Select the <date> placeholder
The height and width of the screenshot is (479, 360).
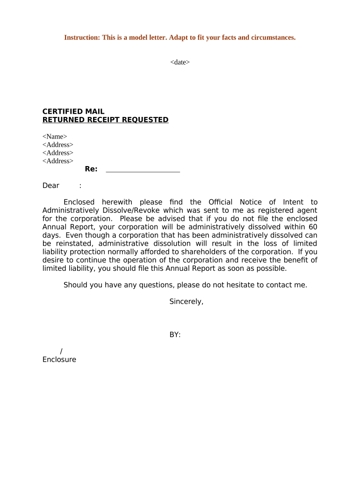pos(180,62)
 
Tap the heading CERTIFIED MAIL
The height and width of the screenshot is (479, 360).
pos(73,112)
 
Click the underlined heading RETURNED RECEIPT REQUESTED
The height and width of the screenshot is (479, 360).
pos(105,120)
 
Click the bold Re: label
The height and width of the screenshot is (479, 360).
pos(91,169)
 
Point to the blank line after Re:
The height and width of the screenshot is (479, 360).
pos(143,170)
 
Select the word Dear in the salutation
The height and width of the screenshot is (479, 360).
pos(51,186)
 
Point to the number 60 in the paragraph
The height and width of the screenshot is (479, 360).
pos(313,227)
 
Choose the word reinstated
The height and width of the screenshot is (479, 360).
pos(73,244)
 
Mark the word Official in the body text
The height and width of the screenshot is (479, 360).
pos(220,202)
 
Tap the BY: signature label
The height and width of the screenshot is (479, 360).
pos(175,335)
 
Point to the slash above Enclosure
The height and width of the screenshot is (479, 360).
pos(62,351)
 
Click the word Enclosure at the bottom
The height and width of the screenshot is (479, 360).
pos(59,360)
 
